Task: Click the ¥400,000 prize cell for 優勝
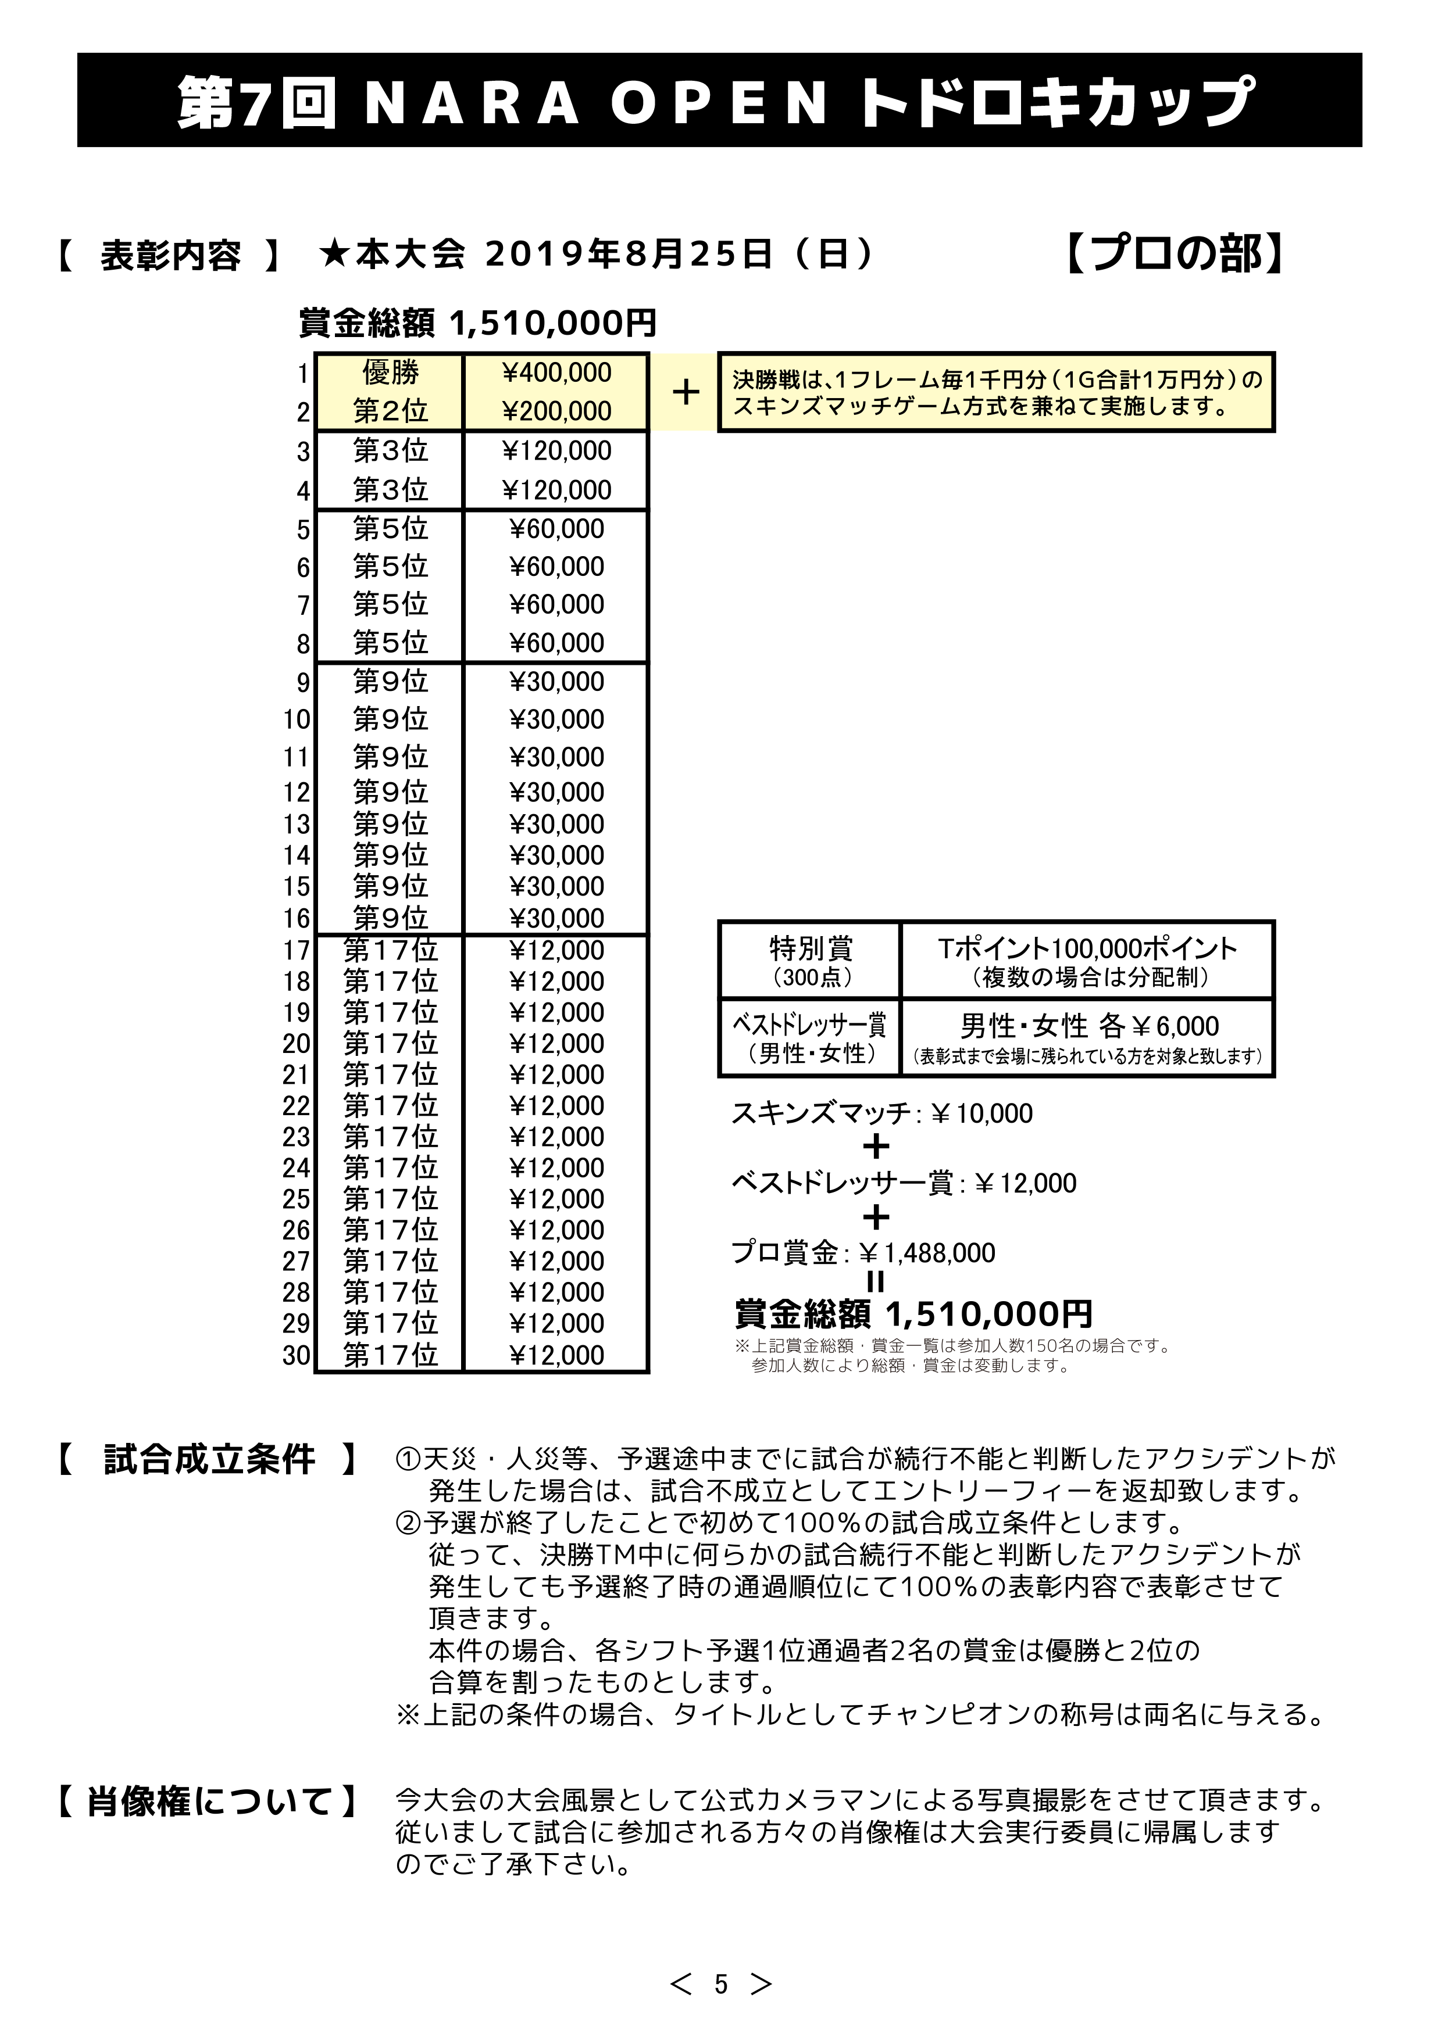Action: point(556,373)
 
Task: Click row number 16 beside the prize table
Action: point(297,918)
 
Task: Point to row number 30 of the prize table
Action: point(297,1355)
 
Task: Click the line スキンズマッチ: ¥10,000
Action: point(881,1113)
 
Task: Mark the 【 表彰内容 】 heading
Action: point(169,256)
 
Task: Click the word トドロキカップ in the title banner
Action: point(1056,101)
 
